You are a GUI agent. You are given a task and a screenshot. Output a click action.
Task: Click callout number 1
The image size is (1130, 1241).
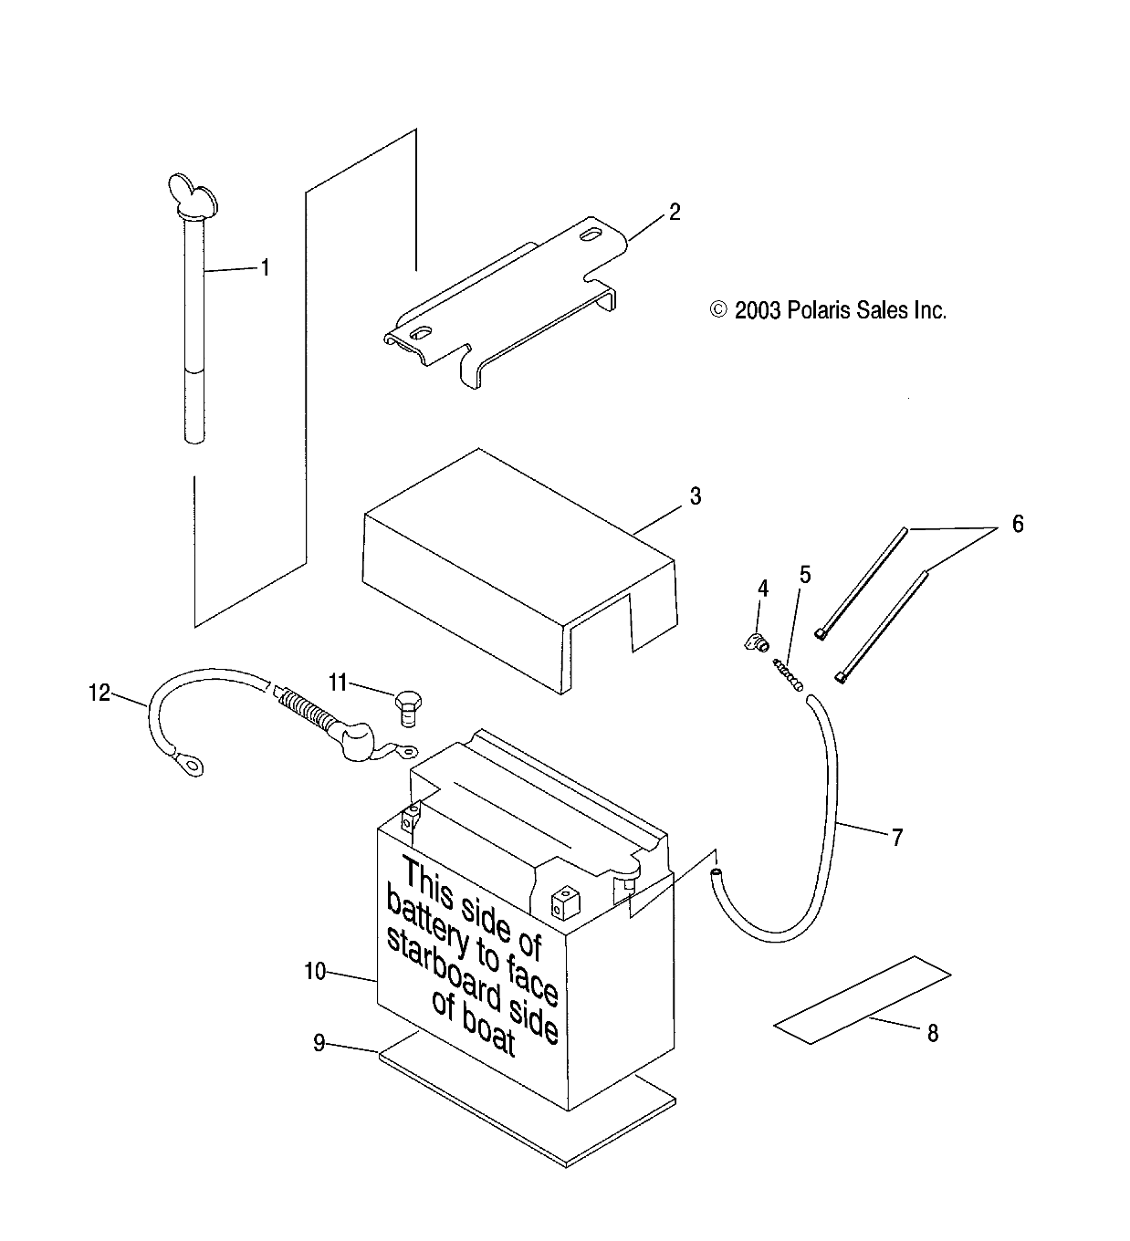tap(265, 268)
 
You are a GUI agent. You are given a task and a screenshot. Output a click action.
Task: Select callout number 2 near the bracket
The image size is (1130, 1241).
tap(674, 213)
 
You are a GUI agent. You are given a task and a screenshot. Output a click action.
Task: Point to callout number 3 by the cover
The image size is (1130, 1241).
tap(696, 496)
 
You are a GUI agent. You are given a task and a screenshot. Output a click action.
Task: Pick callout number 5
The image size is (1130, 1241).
tap(804, 575)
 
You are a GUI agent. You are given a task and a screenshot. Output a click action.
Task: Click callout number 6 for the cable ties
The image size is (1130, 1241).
tap(1017, 524)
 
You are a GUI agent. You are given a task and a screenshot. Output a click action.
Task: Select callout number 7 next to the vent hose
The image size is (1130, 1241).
tap(896, 837)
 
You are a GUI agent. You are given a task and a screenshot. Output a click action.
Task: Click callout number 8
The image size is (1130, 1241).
tap(932, 1034)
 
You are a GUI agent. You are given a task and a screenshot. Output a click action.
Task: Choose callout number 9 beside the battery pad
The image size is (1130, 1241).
tap(319, 1043)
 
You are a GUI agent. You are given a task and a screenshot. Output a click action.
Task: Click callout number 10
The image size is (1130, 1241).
tap(315, 972)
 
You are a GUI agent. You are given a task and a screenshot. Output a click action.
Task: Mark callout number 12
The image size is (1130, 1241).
tap(99, 693)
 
